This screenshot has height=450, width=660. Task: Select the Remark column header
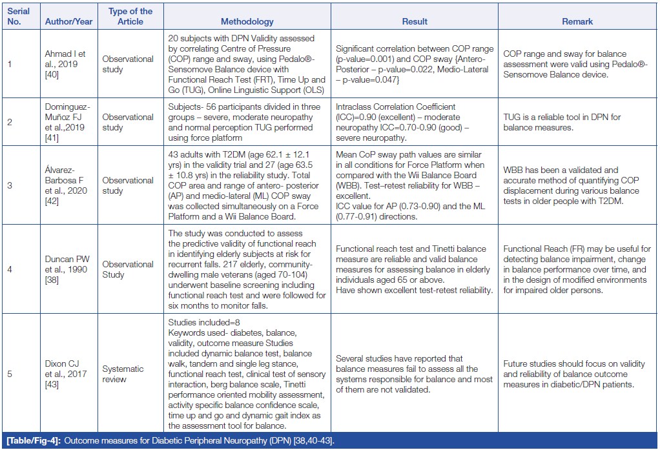[577, 21]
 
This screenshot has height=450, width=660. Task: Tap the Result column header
[415, 21]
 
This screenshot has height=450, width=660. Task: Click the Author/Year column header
[68, 21]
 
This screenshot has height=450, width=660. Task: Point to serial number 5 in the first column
[9, 373]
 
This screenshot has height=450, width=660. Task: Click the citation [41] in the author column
[52, 139]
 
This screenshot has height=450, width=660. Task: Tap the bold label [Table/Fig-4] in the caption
[33, 441]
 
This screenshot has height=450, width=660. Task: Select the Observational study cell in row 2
[128, 122]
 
